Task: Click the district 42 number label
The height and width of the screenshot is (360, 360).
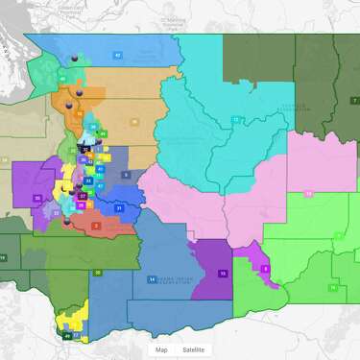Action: coord(117,56)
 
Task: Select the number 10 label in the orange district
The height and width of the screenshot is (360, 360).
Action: coord(78,113)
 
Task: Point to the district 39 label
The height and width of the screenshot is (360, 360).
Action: coord(133,121)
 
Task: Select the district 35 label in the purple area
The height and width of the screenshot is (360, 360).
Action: coord(37,198)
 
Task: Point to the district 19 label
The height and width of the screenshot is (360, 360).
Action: coord(3,257)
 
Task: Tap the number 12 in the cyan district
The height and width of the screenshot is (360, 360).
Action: coord(236,119)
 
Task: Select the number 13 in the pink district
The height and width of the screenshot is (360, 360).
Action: coord(309,194)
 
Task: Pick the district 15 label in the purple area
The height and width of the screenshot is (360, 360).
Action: coord(223,273)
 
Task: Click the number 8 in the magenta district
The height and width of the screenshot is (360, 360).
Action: coord(266,269)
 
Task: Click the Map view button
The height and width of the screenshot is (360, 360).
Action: coord(161,349)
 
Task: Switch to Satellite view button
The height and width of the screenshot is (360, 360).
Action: coord(193,349)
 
